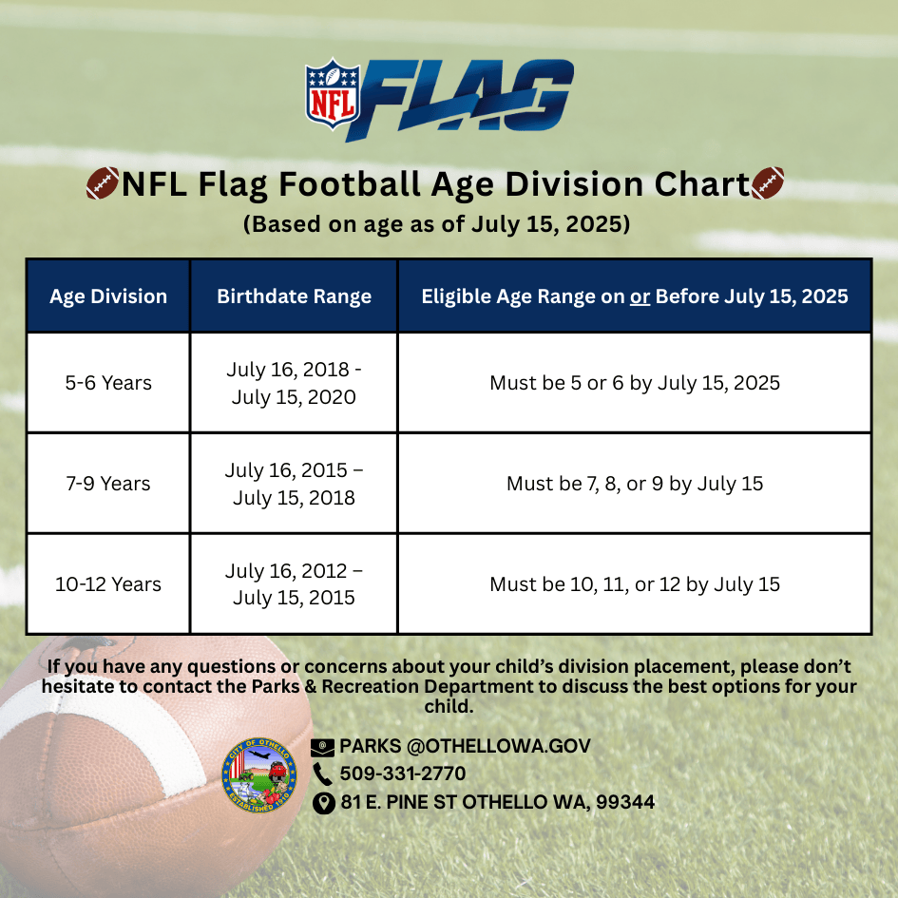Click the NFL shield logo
click(x=333, y=93)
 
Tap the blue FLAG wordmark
click(x=460, y=99)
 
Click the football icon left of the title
click(x=103, y=183)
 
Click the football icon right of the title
click(x=768, y=183)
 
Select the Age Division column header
click(x=108, y=296)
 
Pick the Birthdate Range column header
click(x=294, y=296)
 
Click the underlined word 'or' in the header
click(x=640, y=296)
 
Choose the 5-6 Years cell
click(x=108, y=383)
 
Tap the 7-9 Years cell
click(x=108, y=484)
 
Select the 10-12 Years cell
click(x=108, y=584)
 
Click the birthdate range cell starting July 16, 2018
click(x=294, y=383)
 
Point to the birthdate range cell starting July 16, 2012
click(x=294, y=584)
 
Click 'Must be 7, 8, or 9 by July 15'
click(x=635, y=484)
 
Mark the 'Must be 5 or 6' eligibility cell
click(x=635, y=383)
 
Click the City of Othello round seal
click(x=259, y=774)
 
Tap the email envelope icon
click(x=322, y=747)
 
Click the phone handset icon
click(x=322, y=774)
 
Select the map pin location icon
click(x=324, y=803)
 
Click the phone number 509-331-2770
click(x=403, y=774)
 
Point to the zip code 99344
click(x=625, y=802)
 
